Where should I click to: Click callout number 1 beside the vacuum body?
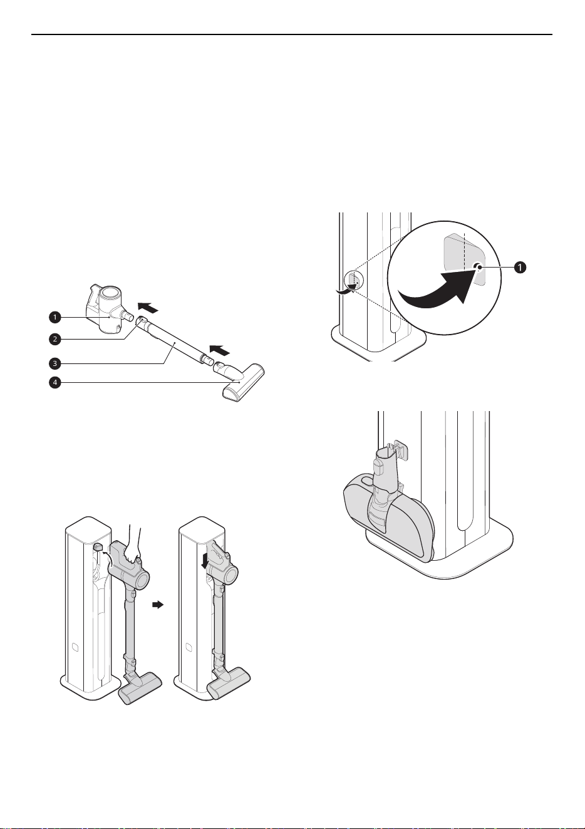point(54,317)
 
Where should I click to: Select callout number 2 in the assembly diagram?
point(54,338)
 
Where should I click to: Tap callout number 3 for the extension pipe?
point(54,363)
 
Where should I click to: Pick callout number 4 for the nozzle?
point(54,382)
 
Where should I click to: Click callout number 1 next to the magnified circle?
point(519,267)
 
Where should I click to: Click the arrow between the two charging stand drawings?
point(158,604)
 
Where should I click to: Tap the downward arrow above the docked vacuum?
point(205,562)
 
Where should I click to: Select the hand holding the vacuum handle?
point(132,543)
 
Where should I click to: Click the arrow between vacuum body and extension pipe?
point(148,307)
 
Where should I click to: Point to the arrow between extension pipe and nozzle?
point(220,348)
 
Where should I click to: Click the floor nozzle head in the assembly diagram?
point(242,383)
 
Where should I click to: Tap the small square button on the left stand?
point(75,647)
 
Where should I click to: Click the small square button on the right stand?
point(188,647)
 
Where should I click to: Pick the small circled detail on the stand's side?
point(354,281)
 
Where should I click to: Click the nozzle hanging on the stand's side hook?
point(388,507)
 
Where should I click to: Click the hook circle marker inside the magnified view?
point(478,266)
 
